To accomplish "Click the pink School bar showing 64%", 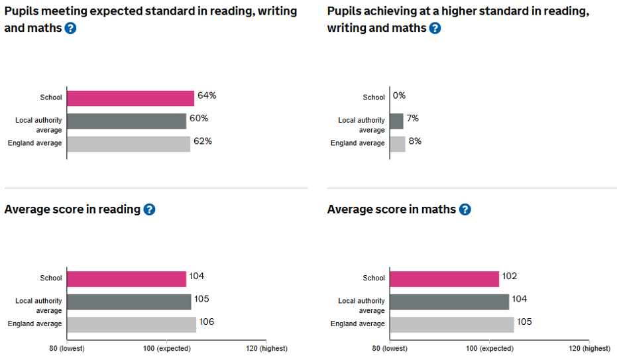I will [x=131, y=98].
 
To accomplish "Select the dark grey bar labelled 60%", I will [x=127, y=121].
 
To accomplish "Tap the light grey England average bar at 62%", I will [x=129, y=144].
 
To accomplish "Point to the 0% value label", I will [x=399, y=95].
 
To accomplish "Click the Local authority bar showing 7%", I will [x=396, y=121].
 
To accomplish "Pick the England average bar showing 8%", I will [x=398, y=144].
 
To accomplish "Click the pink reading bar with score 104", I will [x=127, y=278].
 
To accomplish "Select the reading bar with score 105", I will [x=129, y=302].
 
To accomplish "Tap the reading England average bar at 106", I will [x=131, y=324].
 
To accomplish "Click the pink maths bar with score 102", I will [x=444, y=278].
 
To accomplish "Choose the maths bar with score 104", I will [x=449, y=302].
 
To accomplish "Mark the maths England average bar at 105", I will [x=451, y=324].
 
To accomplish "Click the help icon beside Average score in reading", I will [x=149, y=210].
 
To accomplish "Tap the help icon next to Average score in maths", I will [x=465, y=210].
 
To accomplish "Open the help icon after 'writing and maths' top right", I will [x=435, y=29].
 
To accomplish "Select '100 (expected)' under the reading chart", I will [x=166, y=349].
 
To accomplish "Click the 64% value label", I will [x=207, y=95].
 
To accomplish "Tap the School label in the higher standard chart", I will [x=374, y=97].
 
